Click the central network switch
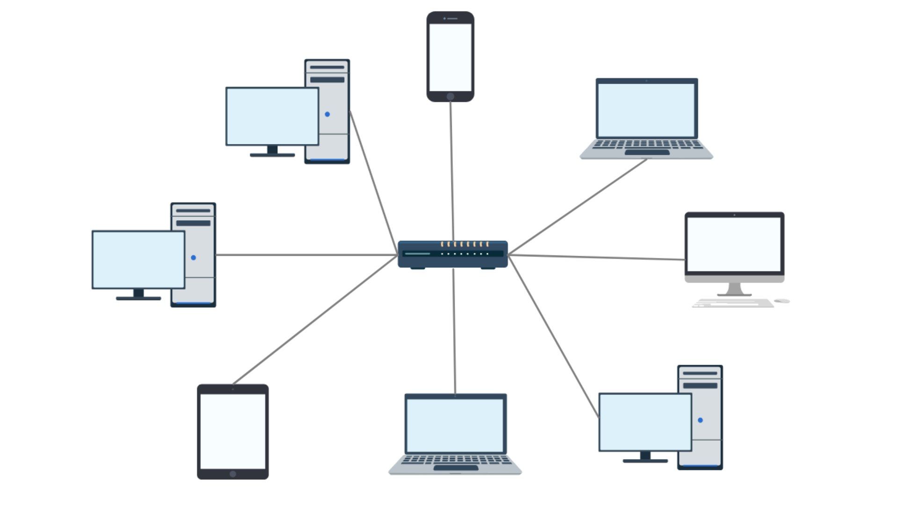point(452,255)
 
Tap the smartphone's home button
point(450,96)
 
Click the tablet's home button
point(233,474)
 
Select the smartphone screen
point(450,57)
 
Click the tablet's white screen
point(233,431)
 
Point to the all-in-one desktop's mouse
point(782,301)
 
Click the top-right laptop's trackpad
point(647,152)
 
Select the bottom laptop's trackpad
point(456,468)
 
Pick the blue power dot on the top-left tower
point(327,114)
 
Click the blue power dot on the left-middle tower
point(194,258)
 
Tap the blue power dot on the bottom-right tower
point(700,420)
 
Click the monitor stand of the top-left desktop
point(272,151)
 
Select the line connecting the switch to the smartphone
point(452,168)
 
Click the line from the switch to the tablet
point(313,320)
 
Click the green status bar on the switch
point(417,254)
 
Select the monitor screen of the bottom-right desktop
point(645,422)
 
